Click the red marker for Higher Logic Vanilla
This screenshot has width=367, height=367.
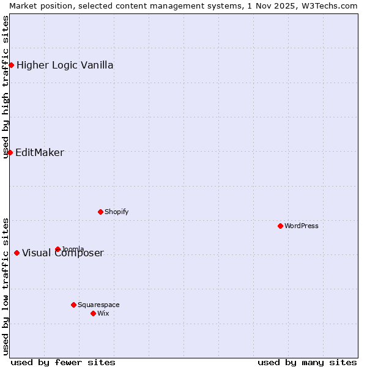click(x=11, y=65)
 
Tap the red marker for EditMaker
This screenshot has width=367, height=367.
click(x=10, y=152)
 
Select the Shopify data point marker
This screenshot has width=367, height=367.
click(x=100, y=212)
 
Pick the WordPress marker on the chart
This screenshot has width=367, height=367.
click(x=280, y=226)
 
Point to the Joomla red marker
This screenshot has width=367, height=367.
click(x=57, y=249)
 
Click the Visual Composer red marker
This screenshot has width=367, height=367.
click(x=17, y=253)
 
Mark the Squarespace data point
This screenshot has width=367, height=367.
click(x=73, y=305)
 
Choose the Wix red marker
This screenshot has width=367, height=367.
click(x=93, y=313)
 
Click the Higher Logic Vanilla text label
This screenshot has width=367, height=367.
click(x=65, y=65)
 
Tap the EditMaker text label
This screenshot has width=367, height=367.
click(x=40, y=153)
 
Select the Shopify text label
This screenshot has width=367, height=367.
click(x=116, y=212)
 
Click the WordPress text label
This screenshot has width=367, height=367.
click(x=302, y=226)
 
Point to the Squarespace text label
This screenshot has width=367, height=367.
click(x=98, y=305)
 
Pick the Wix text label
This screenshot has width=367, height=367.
click(x=103, y=313)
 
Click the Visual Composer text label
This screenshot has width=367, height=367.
click(x=63, y=253)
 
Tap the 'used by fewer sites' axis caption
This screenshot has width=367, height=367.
click(x=63, y=362)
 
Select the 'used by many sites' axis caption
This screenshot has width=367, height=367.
click(x=307, y=362)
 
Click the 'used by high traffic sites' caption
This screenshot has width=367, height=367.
click(x=6, y=87)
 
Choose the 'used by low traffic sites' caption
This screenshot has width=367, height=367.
click(x=6, y=286)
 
